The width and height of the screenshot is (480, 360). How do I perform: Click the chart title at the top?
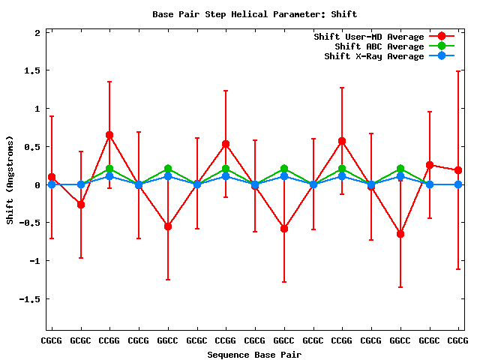click(x=255, y=14)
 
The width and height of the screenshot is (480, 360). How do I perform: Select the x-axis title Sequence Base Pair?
click(x=255, y=354)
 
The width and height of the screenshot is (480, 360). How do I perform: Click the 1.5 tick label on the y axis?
click(x=31, y=70)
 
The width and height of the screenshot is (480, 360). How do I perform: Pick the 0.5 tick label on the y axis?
click(x=31, y=147)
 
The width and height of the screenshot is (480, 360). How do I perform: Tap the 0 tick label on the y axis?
click(x=37, y=184)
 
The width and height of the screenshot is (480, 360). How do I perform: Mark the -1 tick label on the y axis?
click(x=34, y=261)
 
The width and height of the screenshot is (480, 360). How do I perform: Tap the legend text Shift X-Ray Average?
click(x=374, y=56)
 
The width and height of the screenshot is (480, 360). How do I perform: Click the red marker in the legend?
click(x=442, y=37)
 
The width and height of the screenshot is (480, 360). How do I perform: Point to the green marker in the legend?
click(x=442, y=46)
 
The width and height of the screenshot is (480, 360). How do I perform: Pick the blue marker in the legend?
click(x=442, y=56)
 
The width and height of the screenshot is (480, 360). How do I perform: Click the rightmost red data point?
click(x=458, y=170)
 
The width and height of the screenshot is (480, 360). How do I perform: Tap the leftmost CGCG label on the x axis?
click(x=52, y=340)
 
